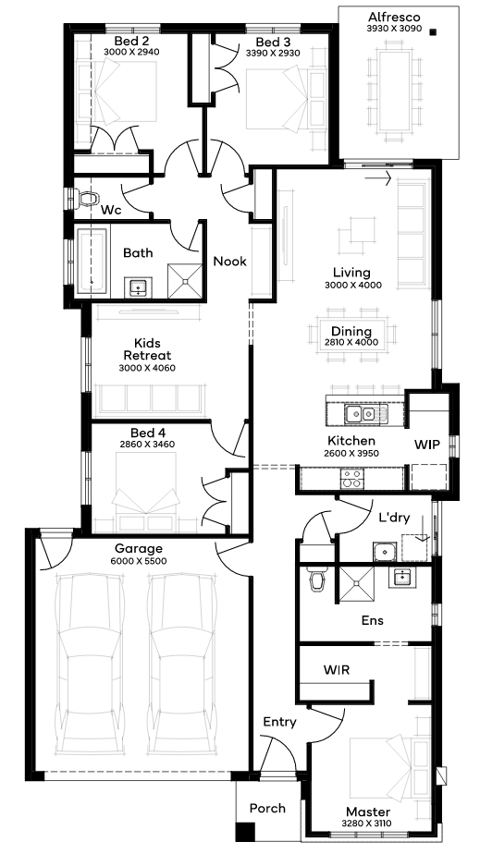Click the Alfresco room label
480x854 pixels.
click(394, 18)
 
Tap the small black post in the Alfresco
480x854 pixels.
click(433, 32)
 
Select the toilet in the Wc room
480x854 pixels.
click(86, 199)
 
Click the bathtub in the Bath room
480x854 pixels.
click(91, 262)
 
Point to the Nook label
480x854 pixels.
click(229, 262)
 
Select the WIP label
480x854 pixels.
click(427, 444)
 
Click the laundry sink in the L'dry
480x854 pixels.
click(384, 551)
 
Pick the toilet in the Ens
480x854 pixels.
click(316, 579)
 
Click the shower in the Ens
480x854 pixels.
click(357, 584)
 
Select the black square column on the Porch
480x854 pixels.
click(245, 831)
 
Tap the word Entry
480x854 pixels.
click(280, 723)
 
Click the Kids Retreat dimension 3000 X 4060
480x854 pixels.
click(147, 368)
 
